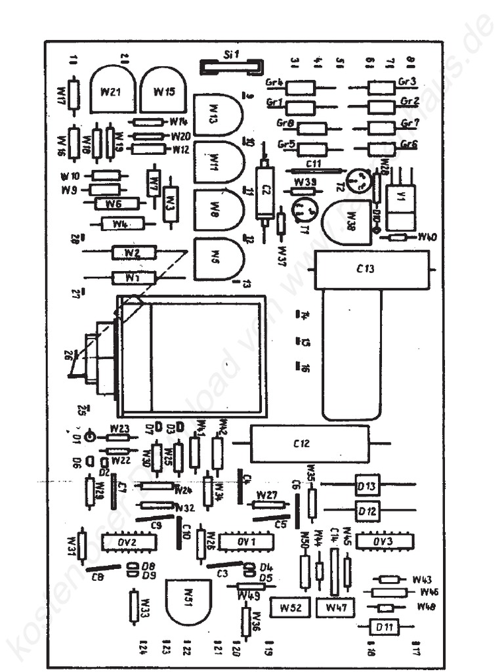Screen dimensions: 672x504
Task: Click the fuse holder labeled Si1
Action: coord(231,66)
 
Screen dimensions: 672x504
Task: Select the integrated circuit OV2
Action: coord(129,543)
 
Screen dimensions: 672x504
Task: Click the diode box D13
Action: coord(367,486)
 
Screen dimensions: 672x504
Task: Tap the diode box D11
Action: coord(384,627)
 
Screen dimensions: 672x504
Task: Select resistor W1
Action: coord(134,278)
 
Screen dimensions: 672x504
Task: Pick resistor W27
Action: coord(268,505)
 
